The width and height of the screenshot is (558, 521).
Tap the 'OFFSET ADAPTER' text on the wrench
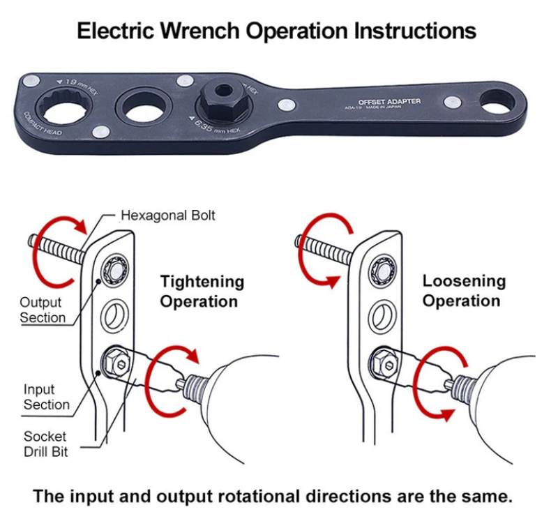pos(389,102)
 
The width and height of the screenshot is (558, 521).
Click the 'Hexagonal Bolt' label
pos(168,215)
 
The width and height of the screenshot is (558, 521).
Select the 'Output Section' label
pos(42,310)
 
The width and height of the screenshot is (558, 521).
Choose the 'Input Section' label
pos(46,397)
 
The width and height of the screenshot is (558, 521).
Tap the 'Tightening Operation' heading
pos(202,291)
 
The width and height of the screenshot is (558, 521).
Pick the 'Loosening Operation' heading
pos(464,291)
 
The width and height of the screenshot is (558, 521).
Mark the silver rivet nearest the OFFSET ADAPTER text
pos(287,105)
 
